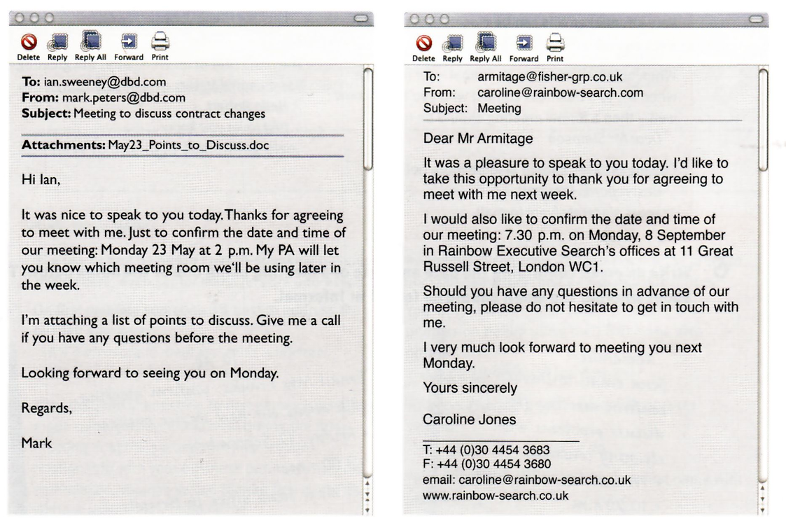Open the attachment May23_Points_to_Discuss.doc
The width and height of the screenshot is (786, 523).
189,146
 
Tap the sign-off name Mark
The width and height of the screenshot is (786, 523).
36,443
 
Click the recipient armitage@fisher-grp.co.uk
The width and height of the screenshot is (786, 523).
549,76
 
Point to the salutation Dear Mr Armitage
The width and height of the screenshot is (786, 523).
478,139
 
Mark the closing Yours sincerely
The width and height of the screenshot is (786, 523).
470,387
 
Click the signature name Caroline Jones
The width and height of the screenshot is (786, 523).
469,419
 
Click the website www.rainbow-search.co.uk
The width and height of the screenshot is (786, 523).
496,496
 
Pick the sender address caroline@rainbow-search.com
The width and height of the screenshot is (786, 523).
560,92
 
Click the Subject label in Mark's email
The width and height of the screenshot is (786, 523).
46,113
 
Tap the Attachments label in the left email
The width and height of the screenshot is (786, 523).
63,146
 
